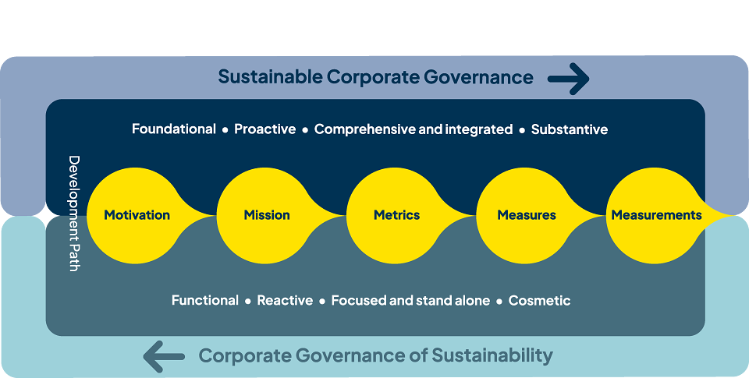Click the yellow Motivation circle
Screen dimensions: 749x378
pos(136,215)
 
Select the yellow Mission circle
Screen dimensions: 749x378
pos(265,215)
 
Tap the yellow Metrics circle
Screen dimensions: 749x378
pos(396,215)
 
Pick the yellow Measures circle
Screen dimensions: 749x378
pos(525,215)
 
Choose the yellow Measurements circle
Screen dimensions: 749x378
pos(655,215)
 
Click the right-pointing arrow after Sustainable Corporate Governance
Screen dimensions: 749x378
pos(569,79)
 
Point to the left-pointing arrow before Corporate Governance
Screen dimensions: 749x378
pos(164,356)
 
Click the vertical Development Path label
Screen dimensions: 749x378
pos(73,214)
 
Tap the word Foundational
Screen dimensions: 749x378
pos(174,129)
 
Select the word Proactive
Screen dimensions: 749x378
pos(265,129)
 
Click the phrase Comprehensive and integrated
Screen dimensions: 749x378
pos(414,129)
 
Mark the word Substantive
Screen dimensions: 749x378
pos(570,129)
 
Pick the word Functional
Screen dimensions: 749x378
pos(205,300)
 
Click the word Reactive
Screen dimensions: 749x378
pos(286,300)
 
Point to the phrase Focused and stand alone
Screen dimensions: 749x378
pos(411,300)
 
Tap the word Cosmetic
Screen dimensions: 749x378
pos(540,300)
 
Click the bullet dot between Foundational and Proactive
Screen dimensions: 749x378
pos(225,130)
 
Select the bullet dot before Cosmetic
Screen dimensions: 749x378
pos(499,301)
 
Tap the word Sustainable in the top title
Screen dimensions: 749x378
pos(271,77)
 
